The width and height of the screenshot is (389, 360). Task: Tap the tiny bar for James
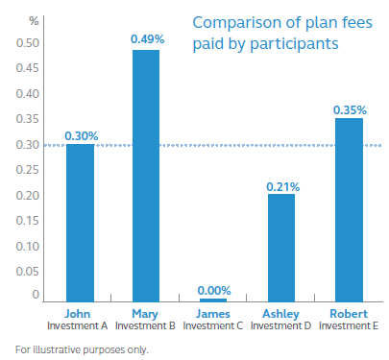coord(213,300)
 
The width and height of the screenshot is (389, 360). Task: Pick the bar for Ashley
coord(281,248)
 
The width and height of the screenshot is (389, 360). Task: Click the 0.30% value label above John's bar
coord(80,135)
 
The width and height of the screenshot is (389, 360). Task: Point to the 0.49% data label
coord(146,39)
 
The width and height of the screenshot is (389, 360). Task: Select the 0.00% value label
coord(213,289)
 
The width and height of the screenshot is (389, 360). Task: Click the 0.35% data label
coord(349,109)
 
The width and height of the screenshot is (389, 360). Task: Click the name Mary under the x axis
coord(146,312)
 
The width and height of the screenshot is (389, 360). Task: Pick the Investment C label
coord(213,325)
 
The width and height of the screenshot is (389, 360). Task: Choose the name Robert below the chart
coord(349,312)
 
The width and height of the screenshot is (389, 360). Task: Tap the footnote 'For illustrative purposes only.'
coord(83,348)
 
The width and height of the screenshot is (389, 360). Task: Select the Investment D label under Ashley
coord(281,325)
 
